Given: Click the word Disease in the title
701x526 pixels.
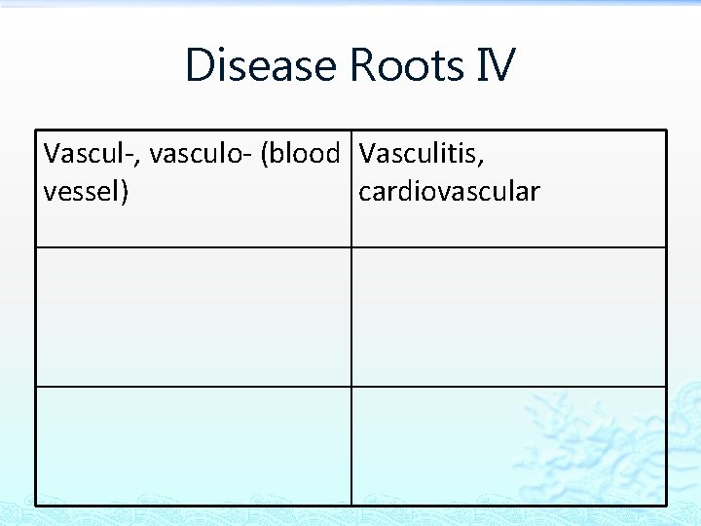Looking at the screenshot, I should click(262, 65).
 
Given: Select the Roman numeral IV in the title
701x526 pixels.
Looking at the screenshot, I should click(496, 65).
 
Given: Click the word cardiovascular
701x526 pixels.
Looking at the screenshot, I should click(449, 192).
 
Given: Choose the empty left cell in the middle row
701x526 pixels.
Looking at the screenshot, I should click(194, 317).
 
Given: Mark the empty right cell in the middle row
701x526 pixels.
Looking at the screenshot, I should click(508, 317).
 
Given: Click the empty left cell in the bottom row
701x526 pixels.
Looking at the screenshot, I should click(194, 445).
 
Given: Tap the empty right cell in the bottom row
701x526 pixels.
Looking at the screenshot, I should click(508, 445).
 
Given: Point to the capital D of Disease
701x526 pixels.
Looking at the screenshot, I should click(199, 65).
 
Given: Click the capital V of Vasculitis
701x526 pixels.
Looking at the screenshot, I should click(367, 154).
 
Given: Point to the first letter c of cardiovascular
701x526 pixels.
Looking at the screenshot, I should click(365, 193).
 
